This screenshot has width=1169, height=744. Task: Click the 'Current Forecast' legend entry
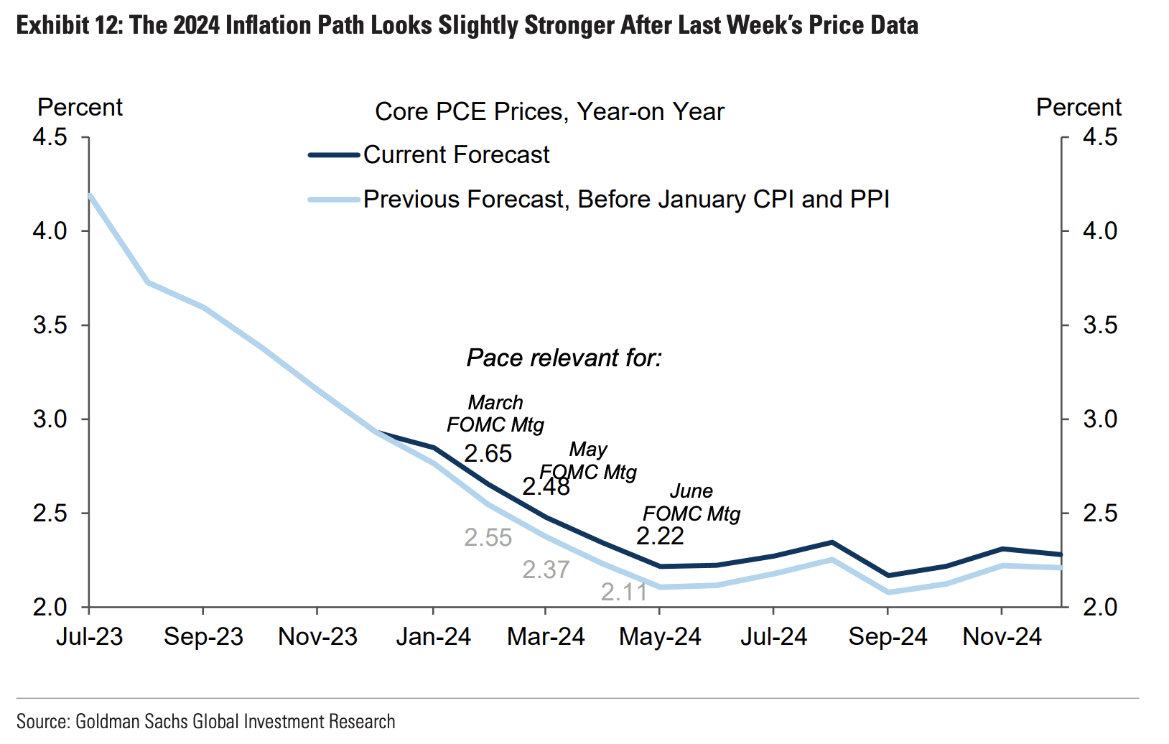(x=456, y=154)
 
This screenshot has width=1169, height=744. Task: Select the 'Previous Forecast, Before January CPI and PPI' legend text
(x=626, y=199)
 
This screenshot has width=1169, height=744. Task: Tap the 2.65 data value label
(x=488, y=454)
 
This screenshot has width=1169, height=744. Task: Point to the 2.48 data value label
(x=546, y=487)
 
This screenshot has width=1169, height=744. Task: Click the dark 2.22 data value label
(x=660, y=536)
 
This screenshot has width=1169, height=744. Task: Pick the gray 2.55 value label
(x=488, y=538)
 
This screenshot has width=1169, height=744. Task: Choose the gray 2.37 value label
(x=546, y=569)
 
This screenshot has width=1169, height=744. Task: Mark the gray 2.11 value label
(x=624, y=592)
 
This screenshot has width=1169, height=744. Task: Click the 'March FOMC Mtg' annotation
(x=495, y=414)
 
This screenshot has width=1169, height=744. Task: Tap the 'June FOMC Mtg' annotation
(x=691, y=502)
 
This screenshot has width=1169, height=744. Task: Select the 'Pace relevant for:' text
(x=564, y=358)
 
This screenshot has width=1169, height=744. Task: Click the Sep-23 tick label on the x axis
(x=203, y=637)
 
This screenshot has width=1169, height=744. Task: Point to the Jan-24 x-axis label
(x=433, y=637)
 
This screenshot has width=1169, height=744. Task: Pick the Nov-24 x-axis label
(x=1002, y=637)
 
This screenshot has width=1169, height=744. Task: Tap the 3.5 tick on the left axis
(x=50, y=325)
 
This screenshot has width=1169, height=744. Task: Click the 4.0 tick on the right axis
(x=1100, y=231)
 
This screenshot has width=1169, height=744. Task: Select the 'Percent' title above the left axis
(x=80, y=108)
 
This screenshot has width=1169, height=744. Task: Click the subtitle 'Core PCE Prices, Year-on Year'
(x=549, y=112)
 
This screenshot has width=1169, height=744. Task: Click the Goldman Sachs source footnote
(x=205, y=721)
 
